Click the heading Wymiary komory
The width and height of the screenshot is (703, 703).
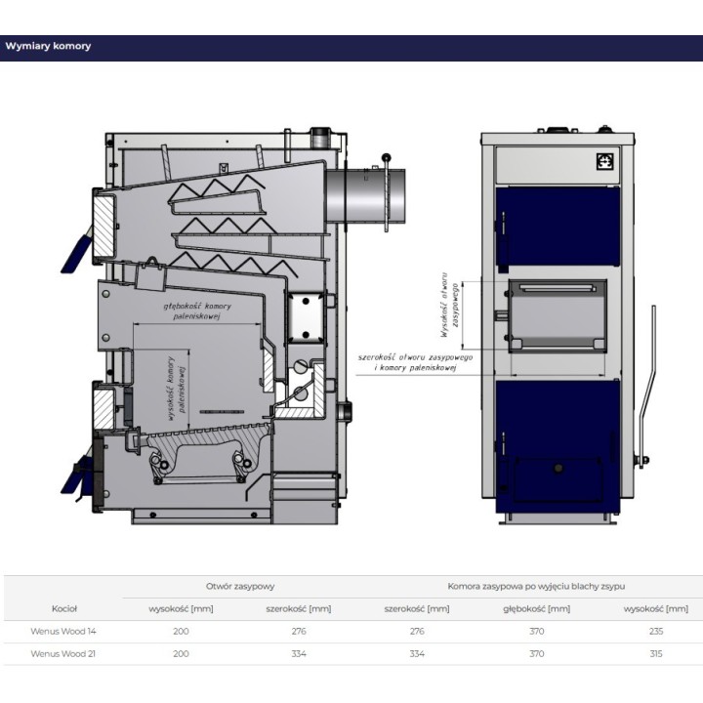48,46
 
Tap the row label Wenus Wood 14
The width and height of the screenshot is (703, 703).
63,632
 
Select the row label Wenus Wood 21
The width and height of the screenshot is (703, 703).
63,653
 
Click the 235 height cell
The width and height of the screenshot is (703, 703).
655,632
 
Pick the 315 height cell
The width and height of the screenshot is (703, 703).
655,653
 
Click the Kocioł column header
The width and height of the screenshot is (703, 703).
64,609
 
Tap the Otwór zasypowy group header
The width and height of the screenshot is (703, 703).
240,586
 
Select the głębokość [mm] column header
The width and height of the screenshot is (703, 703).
536,609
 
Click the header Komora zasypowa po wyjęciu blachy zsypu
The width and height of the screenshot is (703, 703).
536,586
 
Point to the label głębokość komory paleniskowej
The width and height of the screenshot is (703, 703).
197,311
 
